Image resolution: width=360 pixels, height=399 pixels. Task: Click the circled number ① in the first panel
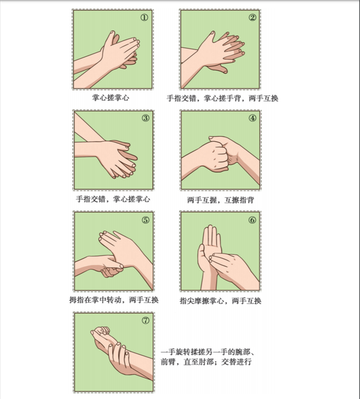144,17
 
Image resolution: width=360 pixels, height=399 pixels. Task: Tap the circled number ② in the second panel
253,17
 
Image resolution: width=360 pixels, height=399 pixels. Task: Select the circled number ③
145,118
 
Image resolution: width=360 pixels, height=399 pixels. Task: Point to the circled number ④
253,118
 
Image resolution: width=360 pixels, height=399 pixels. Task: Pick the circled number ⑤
145,220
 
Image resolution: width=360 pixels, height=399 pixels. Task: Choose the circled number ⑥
252,220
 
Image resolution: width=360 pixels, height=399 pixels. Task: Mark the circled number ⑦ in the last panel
145,320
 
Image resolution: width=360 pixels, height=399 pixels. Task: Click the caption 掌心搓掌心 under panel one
110,97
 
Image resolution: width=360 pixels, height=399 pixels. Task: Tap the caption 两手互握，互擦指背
221,200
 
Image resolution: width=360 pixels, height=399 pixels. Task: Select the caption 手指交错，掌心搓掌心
113,199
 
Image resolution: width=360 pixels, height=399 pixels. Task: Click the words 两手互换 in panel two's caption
263,98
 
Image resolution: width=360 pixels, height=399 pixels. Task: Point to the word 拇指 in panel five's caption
77,300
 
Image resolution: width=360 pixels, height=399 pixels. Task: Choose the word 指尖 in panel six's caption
187,301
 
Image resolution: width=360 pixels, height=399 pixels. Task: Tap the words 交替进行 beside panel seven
236,362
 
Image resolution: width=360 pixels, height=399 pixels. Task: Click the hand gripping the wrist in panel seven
119,359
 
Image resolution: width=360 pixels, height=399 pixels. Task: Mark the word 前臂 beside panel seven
169,362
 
